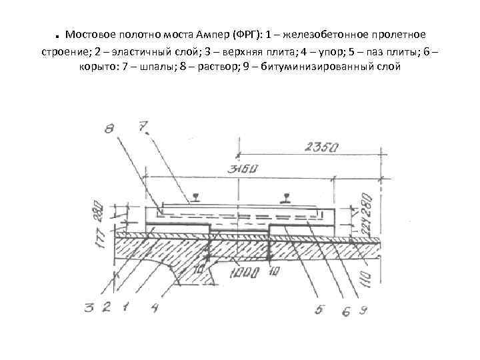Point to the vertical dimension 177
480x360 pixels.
click(101, 233)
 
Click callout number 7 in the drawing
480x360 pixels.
click(141, 126)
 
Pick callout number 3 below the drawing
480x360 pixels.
click(89, 307)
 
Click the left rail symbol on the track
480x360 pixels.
click(195, 197)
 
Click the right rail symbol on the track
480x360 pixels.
click(287, 197)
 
